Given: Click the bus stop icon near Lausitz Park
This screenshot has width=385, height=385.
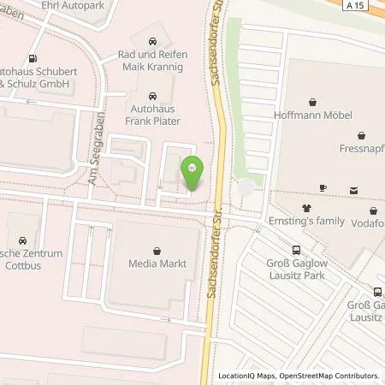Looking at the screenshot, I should [296, 250].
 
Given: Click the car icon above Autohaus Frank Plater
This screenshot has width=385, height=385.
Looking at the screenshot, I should [152, 96].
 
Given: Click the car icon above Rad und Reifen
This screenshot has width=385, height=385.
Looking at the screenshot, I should [151, 40].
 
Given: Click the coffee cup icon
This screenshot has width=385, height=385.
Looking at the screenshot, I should [323, 188].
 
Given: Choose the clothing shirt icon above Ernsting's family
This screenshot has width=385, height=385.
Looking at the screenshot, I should [307, 207].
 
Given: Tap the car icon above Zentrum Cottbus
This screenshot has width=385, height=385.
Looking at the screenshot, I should [22, 240].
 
